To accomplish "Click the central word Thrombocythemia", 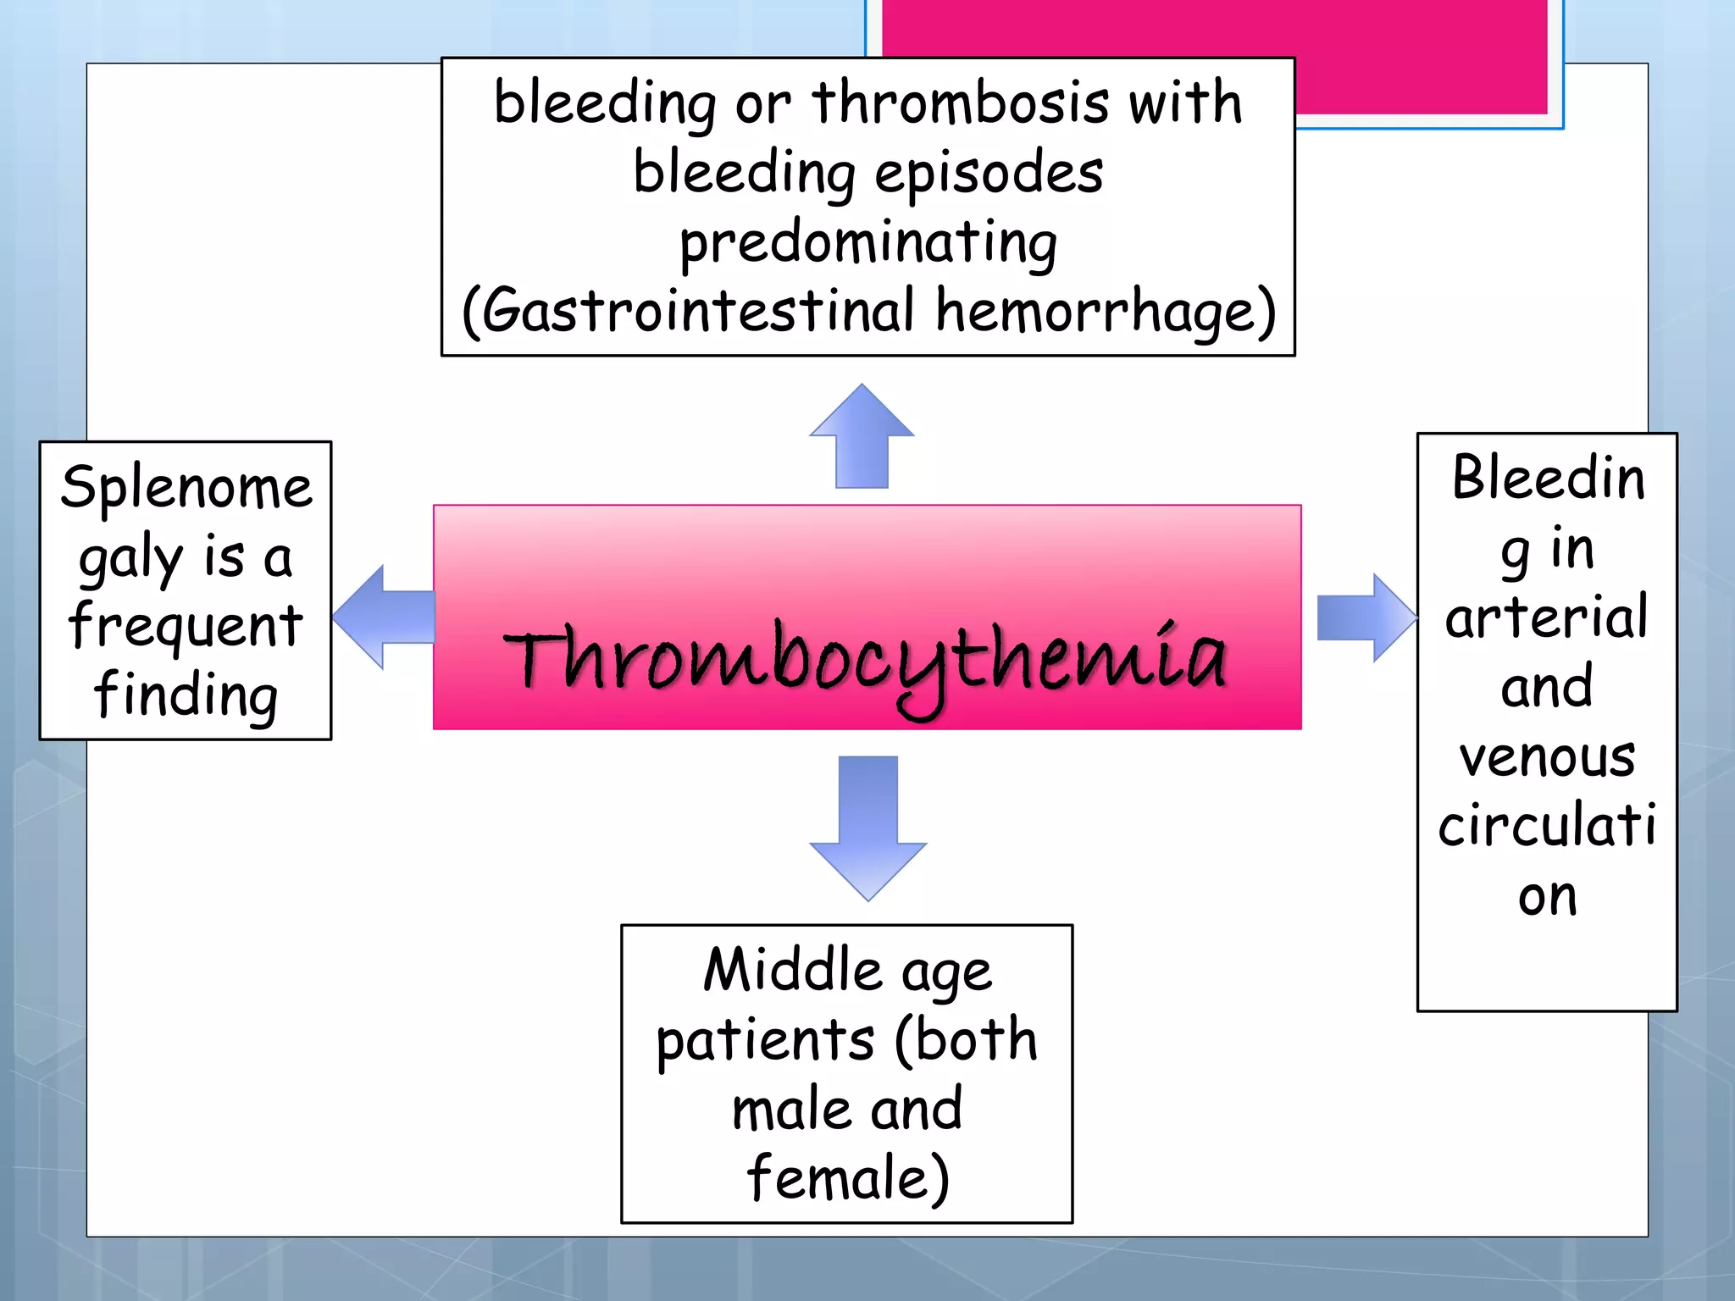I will [866, 661].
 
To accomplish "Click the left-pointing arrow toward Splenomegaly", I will [382, 617].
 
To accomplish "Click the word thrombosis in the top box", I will [961, 103].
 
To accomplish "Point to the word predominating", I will [868, 244].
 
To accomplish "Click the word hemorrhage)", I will [1106, 312].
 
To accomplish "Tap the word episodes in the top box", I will [989, 174].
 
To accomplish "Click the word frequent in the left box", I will [186, 626].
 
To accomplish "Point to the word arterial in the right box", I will [1547, 617].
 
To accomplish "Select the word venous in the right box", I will [1547, 757].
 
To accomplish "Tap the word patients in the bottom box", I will [765, 1041].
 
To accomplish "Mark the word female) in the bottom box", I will [848, 1178].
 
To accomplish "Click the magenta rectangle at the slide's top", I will [1423, 51].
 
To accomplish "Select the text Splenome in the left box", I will [186, 488].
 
